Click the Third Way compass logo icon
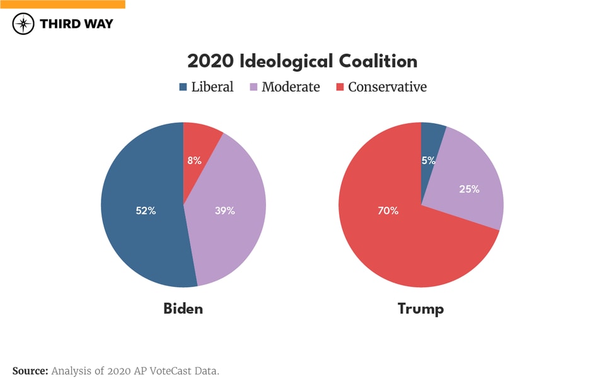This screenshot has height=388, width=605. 23,24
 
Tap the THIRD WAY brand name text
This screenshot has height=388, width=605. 76,24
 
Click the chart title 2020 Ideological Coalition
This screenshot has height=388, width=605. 302,61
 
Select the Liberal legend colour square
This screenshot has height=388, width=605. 183,87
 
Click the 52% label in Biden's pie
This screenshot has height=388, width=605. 146,211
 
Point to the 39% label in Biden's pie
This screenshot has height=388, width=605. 224,211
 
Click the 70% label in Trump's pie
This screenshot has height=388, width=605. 388,211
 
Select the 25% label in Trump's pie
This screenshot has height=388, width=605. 469,189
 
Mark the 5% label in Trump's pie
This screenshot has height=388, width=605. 429,160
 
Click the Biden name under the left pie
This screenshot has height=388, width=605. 183,309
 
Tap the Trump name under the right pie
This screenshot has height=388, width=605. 420,309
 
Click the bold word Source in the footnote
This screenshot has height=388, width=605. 30,371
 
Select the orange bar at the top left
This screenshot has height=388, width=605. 62,4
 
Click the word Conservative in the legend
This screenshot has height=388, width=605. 387,87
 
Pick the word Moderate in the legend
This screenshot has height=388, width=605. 291,87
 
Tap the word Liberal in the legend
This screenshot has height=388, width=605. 212,87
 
